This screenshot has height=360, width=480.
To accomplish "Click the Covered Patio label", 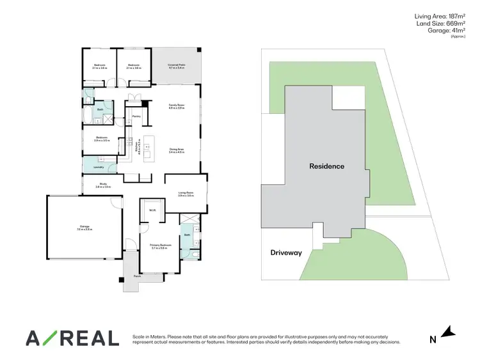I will click(176, 66).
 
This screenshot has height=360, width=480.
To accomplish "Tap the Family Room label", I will click(176, 106).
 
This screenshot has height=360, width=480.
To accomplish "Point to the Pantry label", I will click(136, 116).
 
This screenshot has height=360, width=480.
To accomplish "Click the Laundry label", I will click(99, 167).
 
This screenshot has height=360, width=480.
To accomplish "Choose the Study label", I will click(103, 185).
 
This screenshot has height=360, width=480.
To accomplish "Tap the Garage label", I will click(84, 227).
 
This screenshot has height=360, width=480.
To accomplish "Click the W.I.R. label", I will click(152, 210).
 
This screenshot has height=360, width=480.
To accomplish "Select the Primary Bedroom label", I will click(159, 246).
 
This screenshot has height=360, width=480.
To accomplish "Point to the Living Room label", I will click(186, 194).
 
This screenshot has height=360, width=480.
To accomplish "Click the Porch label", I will click(137, 276).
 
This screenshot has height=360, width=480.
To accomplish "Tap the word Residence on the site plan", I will click(326, 166).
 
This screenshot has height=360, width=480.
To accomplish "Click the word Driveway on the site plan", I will click(285, 253).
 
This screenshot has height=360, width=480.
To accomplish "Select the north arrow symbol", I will click(448, 333).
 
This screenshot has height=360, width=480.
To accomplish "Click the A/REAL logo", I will click(72, 338).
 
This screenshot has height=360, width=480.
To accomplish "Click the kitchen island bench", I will click(148, 150).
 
